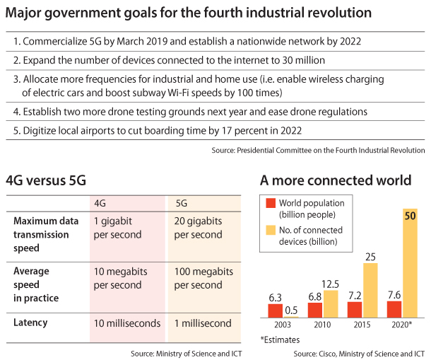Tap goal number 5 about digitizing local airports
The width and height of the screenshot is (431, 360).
(x=158, y=130)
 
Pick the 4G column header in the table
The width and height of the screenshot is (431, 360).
(x=100, y=203)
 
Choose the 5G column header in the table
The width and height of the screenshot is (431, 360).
(x=181, y=203)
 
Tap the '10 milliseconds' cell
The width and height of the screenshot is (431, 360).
(x=126, y=323)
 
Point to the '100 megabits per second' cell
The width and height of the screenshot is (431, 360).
(x=203, y=278)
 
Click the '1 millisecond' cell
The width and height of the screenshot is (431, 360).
(x=202, y=323)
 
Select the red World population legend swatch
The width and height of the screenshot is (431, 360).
(x=270, y=204)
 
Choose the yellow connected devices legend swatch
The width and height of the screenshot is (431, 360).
(x=270, y=231)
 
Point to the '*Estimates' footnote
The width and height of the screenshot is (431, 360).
(x=281, y=340)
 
